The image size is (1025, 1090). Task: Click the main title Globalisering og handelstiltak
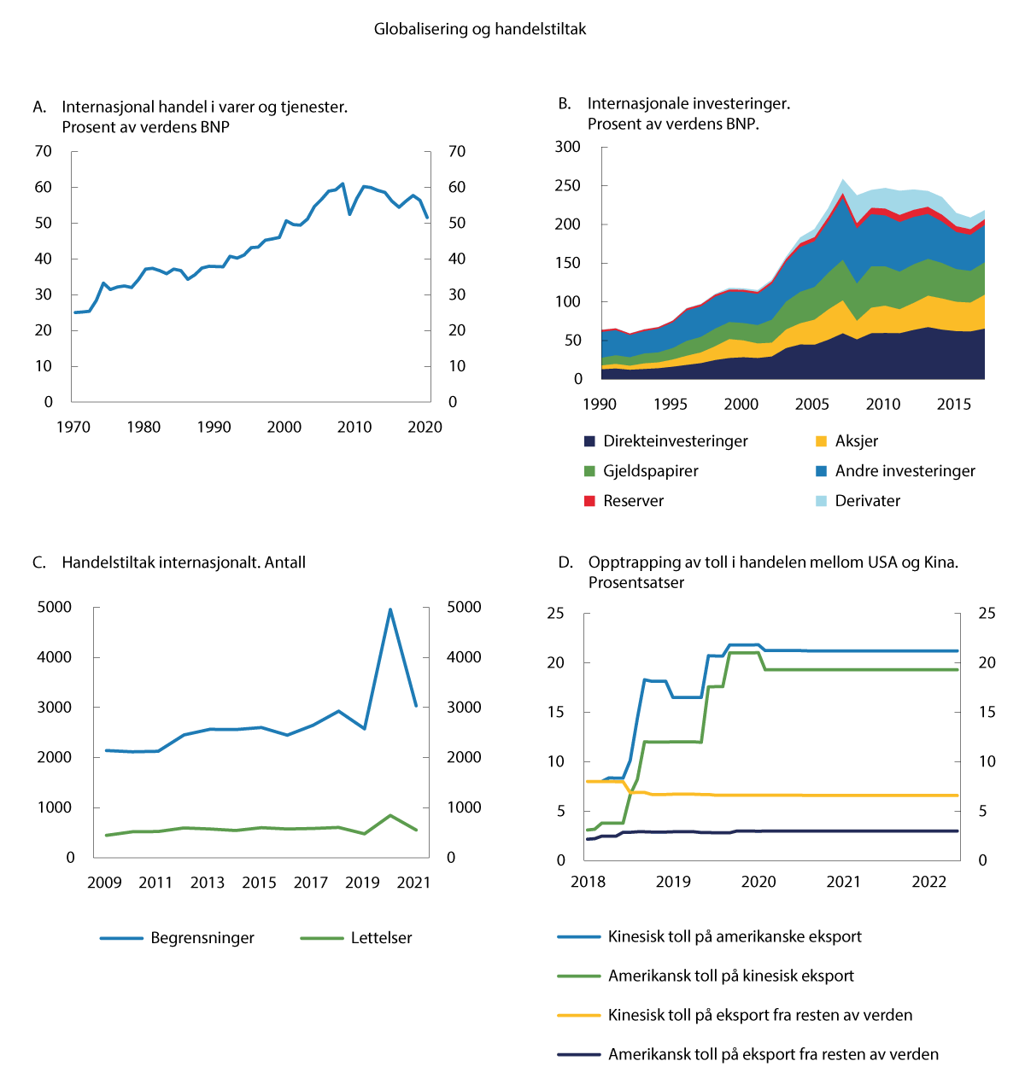coord(480,29)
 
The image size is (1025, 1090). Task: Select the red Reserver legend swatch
coord(589,501)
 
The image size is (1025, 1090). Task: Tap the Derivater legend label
coord(867,501)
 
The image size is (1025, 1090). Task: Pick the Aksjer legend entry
coord(856,441)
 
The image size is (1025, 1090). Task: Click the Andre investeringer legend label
coord(905,471)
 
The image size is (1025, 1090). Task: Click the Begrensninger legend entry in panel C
coord(202,938)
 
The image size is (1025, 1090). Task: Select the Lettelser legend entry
coord(380,938)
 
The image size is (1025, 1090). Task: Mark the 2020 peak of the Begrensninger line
coord(390,609)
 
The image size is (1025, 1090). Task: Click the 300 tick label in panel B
coord(567,147)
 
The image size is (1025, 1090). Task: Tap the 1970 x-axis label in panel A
coord(73,428)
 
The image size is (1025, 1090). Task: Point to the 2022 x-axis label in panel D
coord(928,882)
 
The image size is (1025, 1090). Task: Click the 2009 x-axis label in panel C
coord(104,883)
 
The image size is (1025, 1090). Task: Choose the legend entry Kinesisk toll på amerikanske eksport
coord(734,937)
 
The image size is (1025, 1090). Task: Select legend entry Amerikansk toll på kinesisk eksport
coord(730,976)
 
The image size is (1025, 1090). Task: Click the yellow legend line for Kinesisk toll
coord(579,1016)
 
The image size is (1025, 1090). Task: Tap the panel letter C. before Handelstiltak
coord(38,563)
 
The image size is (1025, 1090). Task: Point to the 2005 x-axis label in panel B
coord(812,405)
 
